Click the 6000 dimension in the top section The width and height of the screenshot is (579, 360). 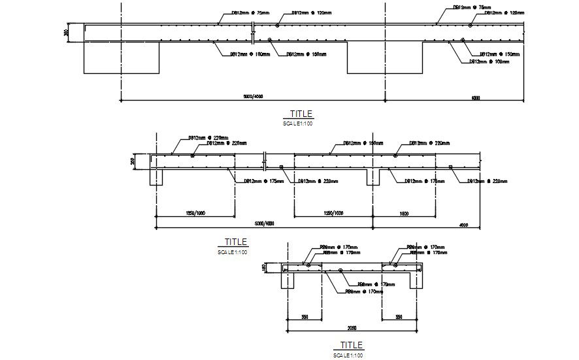point(475,98)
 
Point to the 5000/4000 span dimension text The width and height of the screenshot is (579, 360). point(264,225)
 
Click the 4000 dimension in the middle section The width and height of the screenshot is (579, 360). point(464,225)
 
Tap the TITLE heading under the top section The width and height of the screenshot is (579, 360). point(297,114)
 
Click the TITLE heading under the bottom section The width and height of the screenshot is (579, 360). point(351,345)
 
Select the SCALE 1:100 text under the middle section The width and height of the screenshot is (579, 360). point(233,252)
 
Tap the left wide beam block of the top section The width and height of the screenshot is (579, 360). point(122,57)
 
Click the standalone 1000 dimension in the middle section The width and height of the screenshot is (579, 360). point(404,214)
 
